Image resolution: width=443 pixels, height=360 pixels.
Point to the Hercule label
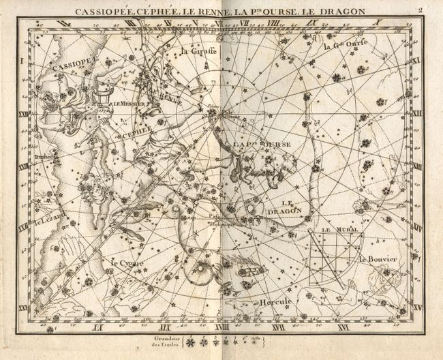(x=275, y=302)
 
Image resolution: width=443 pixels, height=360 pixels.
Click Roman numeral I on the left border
(x=22, y=62)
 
